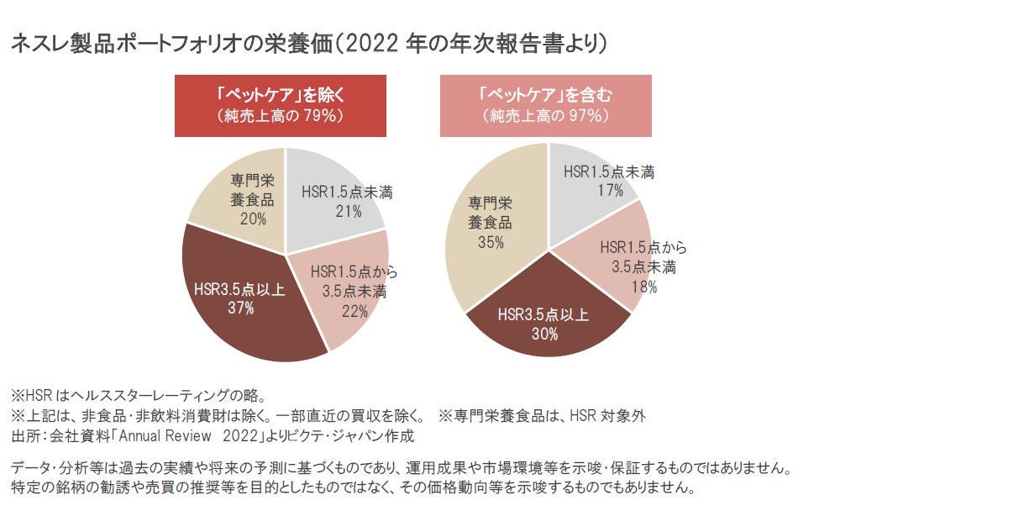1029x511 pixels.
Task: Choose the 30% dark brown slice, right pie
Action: (x=546, y=324)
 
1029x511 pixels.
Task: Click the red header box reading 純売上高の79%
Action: (x=280, y=105)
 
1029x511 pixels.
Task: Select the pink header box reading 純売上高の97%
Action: (x=545, y=105)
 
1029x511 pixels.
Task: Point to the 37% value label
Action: (x=240, y=308)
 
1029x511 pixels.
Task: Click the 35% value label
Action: (x=490, y=243)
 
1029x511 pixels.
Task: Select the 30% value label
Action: (x=544, y=334)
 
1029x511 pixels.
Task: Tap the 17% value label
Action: (x=608, y=192)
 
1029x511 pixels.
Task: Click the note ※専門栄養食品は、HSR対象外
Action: (x=542, y=416)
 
